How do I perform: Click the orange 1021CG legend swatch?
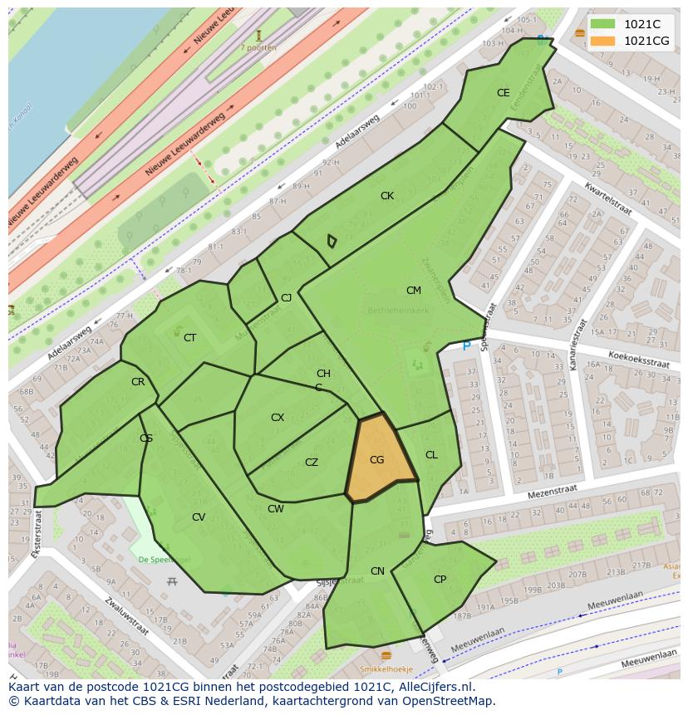click(603, 41)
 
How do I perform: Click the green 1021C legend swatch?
click(603, 24)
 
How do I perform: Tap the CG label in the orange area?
click(376, 460)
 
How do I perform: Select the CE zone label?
click(503, 93)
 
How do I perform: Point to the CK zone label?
click(387, 196)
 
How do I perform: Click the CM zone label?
click(414, 291)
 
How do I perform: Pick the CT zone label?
click(190, 338)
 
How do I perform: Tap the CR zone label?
click(138, 383)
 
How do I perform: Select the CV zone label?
click(199, 517)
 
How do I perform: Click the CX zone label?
click(278, 418)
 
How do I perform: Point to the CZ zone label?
click(312, 463)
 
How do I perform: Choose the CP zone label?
click(440, 580)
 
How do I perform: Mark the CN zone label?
click(378, 571)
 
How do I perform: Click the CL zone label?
click(431, 455)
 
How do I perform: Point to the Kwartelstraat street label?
click(607, 199)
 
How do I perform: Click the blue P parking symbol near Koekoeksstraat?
click(466, 345)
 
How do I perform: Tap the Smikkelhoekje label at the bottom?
click(386, 669)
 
